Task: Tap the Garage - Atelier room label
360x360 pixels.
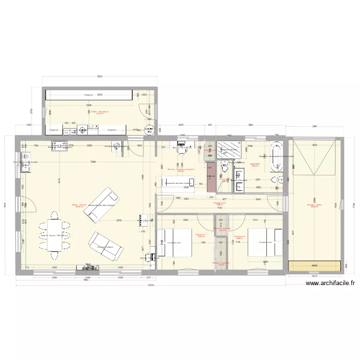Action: [x=314, y=206]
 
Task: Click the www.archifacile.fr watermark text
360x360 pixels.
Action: [x=330, y=283]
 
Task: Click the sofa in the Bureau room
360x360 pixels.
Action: [x=177, y=183]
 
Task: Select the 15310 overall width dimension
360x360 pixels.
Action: [x=150, y=286]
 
